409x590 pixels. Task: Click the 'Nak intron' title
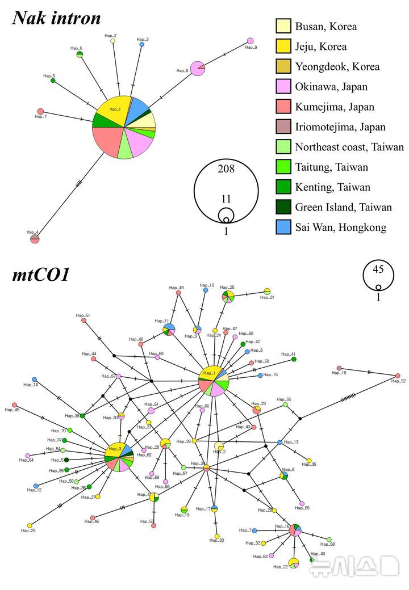[56, 18]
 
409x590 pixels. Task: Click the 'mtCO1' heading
[40, 276]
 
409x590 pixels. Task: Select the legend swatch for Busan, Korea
[283, 26]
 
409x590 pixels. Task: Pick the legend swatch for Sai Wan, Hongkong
[283, 227]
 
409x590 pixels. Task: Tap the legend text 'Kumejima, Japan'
[335, 107]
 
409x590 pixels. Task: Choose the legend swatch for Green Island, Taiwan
[283, 207]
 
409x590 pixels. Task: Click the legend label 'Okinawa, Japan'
[331, 87]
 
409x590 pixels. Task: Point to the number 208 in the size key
[226, 168]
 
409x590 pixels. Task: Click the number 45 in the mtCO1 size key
[378, 269]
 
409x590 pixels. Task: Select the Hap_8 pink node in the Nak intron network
[197, 68]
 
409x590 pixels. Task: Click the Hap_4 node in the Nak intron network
[35, 239]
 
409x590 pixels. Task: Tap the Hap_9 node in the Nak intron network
[250, 41]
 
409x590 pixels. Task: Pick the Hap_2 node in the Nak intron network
[112, 41]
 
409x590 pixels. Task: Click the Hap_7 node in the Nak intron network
[40, 111]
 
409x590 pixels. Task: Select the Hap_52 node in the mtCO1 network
[398, 376]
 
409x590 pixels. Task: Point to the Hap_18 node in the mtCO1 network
[339, 368]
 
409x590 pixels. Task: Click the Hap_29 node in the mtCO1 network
[30, 525]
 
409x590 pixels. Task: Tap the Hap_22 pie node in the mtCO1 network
[293, 563]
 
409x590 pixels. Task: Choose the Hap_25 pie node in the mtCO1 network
[227, 297]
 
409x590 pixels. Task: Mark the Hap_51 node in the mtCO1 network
[84, 321]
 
